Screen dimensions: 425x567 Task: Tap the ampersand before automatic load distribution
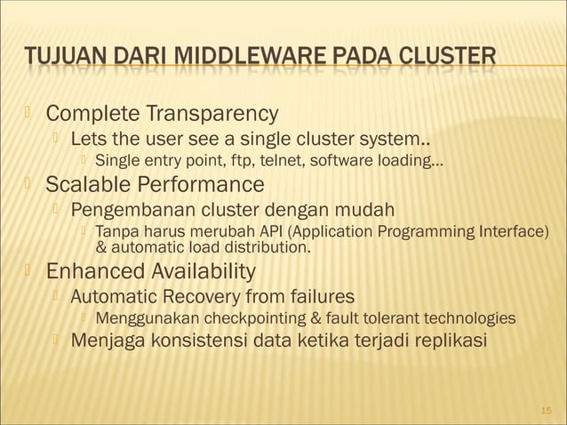pos(100,247)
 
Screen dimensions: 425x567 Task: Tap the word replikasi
pos(443,341)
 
